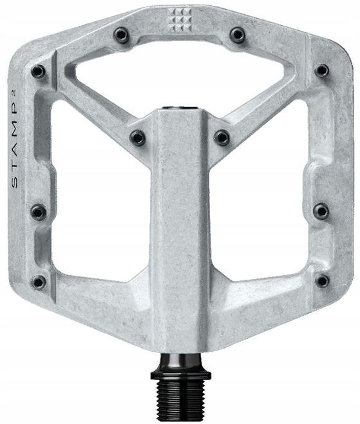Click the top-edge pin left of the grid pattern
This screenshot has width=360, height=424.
pyautogui.click(x=120, y=34)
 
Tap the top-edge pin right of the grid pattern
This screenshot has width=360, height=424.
pyautogui.click(x=238, y=34)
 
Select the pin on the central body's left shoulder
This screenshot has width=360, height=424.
pyautogui.click(x=137, y=137)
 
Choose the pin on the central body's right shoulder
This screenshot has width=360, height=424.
pyautogui.click(x=222, y=137)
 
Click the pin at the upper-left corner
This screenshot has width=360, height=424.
pyautogui.click(x=38, y=71)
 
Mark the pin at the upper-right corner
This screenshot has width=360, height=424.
pyautogui.click(x=321, y=70)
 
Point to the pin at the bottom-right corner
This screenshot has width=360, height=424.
pyautogui.click(x=321, y=281)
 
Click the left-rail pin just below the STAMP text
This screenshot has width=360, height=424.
pyautogui.click(x=39, y=211)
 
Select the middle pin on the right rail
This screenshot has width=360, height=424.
pyautogui.click(x=320, y=211)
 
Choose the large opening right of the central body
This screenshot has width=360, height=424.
pyautogui.click(x=261, y=206)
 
